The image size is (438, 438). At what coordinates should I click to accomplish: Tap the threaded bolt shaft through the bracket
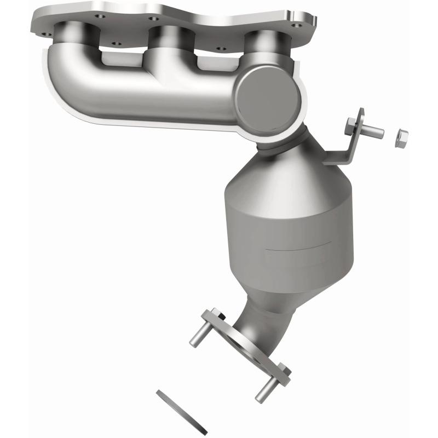[x=372, y=131]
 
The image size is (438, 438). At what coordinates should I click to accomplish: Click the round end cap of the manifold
[x=268, y=93]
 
